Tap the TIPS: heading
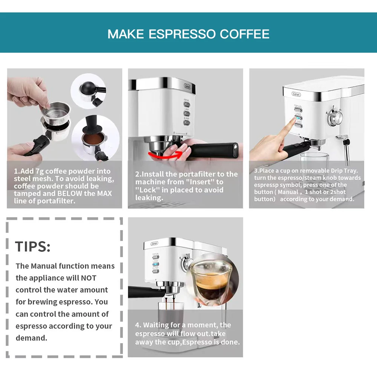[33, 247]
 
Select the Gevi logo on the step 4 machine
[155, 244]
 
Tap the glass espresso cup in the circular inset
[210, 280]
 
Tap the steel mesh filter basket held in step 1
[56, 113]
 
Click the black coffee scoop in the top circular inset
[88, 89]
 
